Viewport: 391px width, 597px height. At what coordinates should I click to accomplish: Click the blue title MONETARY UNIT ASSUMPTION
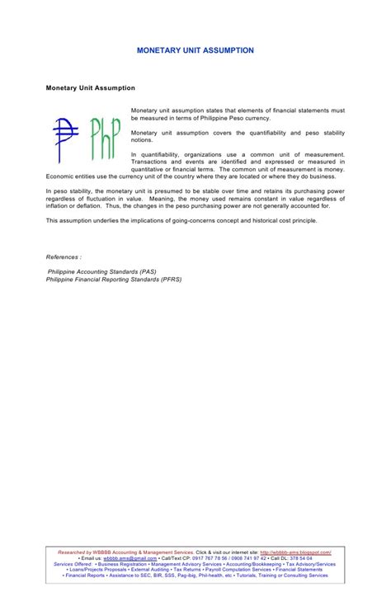point(195,51)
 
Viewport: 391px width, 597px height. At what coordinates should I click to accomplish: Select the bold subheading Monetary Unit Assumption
point(91,87)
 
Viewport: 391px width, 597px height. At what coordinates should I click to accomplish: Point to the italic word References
point(64,256)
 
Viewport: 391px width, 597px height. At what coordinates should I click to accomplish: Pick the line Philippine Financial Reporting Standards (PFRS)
point(115,279)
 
